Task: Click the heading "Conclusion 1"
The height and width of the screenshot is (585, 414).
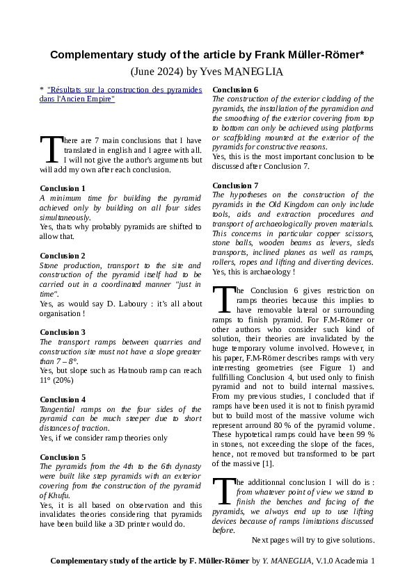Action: coord(63,188)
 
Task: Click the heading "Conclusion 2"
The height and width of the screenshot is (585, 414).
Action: coord(63,256)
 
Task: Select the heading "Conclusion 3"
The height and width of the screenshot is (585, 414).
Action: coord(63,332)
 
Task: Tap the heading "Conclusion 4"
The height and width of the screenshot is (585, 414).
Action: coord(63,399)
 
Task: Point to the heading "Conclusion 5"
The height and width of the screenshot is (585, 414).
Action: coord(63,456)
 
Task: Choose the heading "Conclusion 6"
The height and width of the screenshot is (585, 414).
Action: coord(234,90)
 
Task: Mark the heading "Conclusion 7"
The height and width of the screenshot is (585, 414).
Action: coord(234,186)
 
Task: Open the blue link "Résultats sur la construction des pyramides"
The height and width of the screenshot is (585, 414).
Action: coord(124,90)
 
